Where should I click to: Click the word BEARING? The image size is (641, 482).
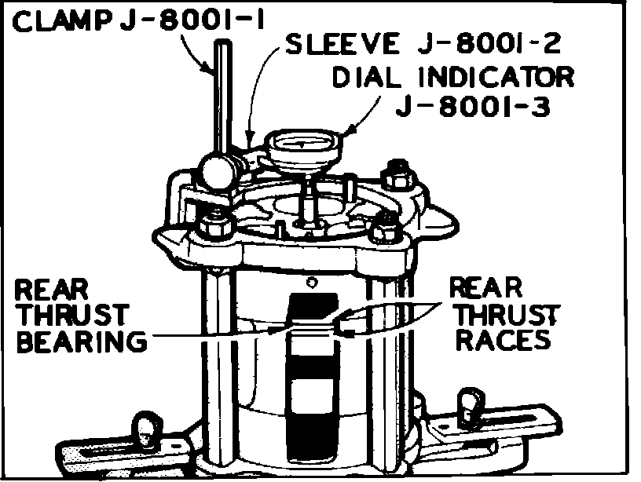pos(80,343)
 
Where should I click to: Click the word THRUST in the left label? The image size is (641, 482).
pos(72,316)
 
